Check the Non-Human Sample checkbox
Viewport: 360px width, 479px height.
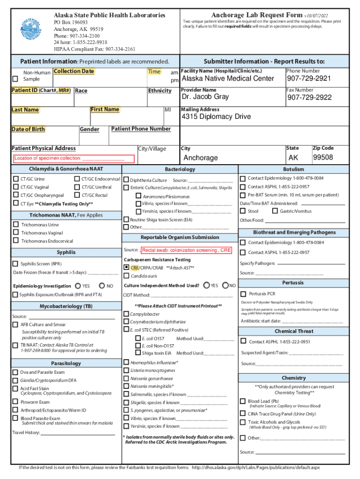pos(15,79)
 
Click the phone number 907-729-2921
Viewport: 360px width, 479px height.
pos(309,79)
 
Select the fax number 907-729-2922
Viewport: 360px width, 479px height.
pos(310,97)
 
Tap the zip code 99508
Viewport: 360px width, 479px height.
pos(323,157)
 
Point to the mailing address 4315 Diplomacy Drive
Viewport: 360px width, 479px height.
pos(216,116)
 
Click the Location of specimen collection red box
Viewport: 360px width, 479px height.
pos(73,159)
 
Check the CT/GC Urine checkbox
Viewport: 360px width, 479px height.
pos(16,179)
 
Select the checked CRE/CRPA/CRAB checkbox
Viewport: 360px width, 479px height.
pos(126,268)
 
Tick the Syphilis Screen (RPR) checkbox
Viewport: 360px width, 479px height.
pos(16,264)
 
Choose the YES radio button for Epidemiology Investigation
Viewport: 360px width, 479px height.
pos(78,285)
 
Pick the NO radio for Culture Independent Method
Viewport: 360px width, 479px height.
pos(226,285)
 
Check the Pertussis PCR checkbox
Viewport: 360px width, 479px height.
pos(243,294)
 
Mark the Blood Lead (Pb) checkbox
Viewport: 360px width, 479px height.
pos(243,401)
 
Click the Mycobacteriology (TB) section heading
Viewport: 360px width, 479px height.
pos(66,306)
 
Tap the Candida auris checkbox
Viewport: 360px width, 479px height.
pos(126,276)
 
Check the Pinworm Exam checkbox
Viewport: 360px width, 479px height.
pos(15,402)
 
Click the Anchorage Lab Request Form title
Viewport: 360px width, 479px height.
pos(257,15)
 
